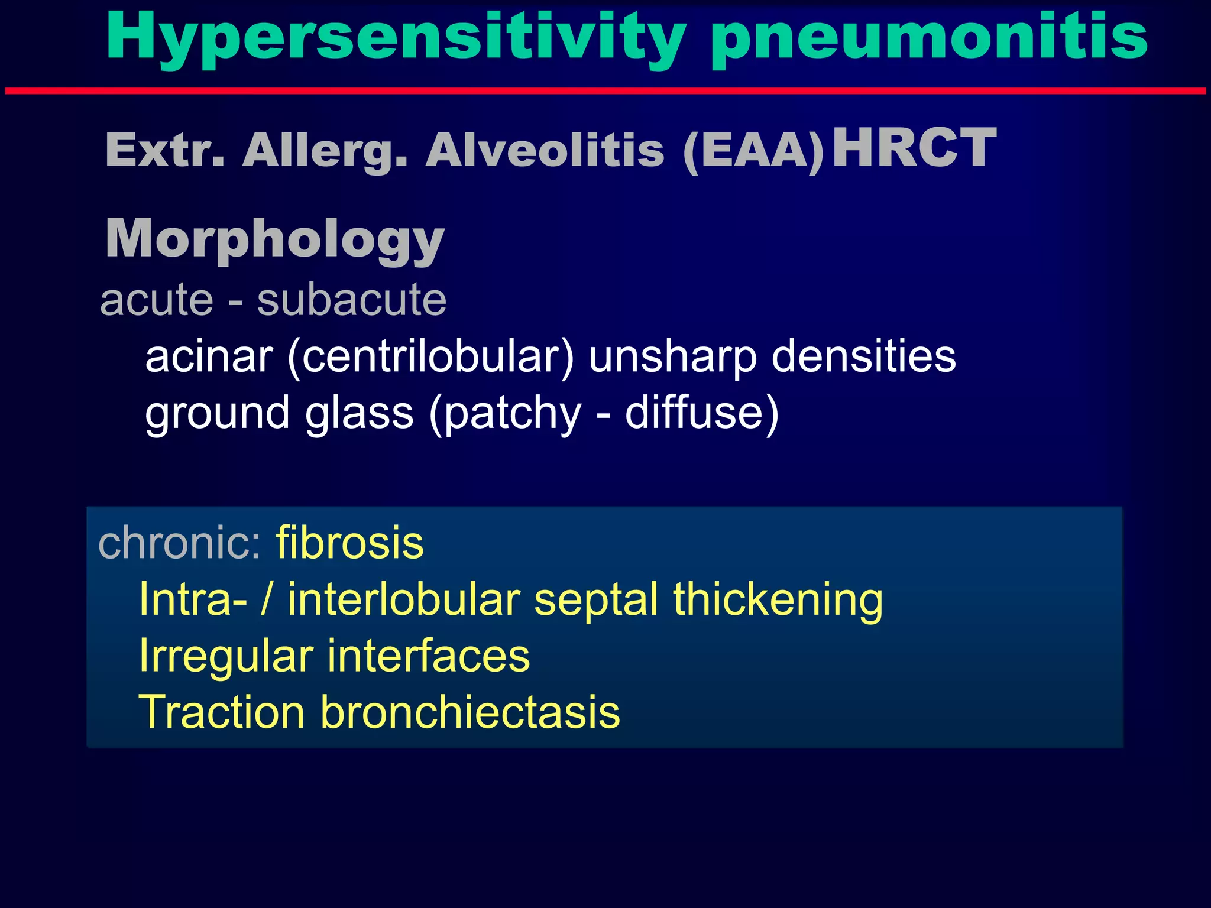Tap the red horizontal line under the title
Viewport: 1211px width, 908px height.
(605, 91)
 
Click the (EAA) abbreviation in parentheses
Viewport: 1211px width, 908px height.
(753, 151)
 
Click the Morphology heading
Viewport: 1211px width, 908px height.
(275, 239)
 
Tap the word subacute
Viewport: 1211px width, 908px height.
(351, 300)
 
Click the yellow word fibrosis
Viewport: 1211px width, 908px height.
(349, 543)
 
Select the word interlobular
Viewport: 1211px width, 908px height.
(403, 599)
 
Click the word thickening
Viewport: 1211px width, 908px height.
(778, 599)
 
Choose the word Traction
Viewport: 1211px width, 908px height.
(222, 712)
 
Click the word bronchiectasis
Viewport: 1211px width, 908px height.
(470, 712)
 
